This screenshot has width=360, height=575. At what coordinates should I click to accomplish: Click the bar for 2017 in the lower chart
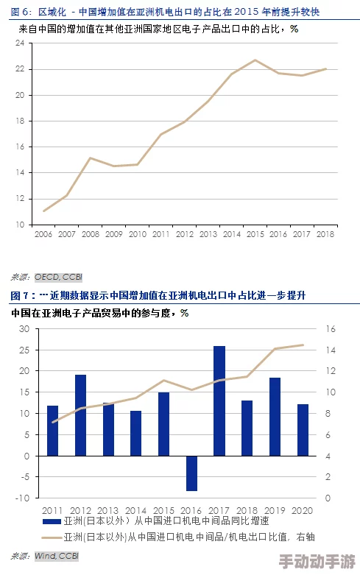click(219, 401)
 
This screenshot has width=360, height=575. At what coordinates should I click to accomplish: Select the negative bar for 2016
click(191, 473)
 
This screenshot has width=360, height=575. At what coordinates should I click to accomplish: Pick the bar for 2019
click(275, 417)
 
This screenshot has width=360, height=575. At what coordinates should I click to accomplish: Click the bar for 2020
click(303, 430)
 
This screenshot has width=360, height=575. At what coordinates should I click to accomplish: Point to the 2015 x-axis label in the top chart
click(255, 234)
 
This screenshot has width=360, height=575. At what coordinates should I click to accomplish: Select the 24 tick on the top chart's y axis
click(20, 43)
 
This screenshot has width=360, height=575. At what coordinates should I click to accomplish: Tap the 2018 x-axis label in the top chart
click(325, 234)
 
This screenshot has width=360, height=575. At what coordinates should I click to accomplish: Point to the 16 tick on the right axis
click(331, 329)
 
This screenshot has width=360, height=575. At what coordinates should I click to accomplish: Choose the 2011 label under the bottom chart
click(52, 510)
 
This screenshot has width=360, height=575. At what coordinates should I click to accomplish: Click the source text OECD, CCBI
click(57, 277)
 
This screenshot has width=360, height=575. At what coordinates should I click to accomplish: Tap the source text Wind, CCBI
click(56, 555)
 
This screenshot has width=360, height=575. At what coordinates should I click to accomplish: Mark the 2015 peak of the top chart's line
click(255, 60)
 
